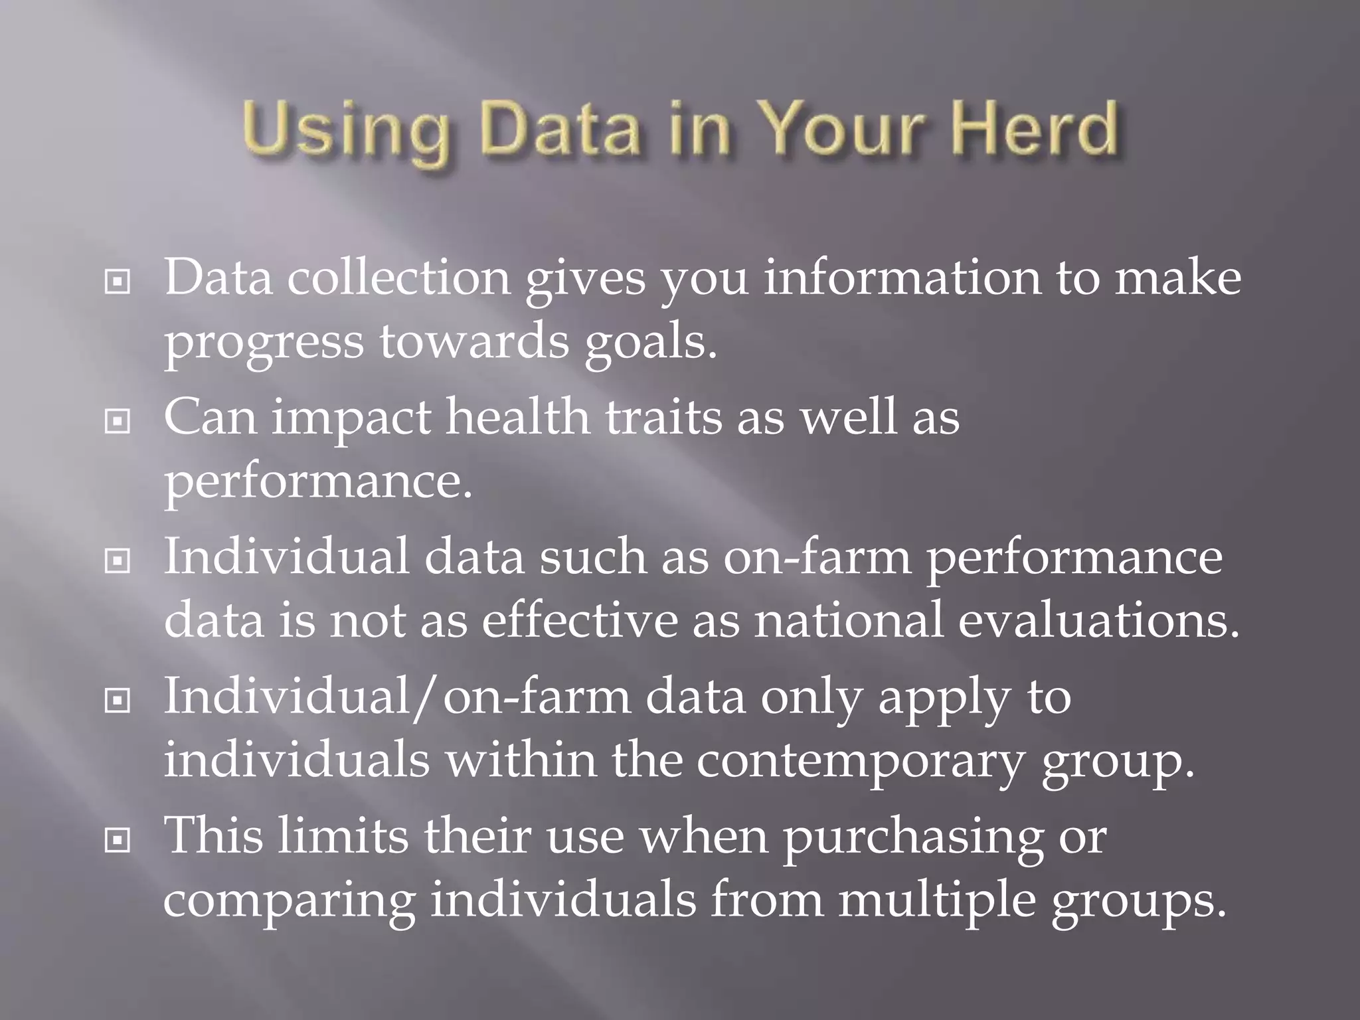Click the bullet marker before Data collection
coord(118,282)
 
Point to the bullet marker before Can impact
coord(118,421)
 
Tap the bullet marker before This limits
coord(118,841)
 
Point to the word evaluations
coord(1098,620)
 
